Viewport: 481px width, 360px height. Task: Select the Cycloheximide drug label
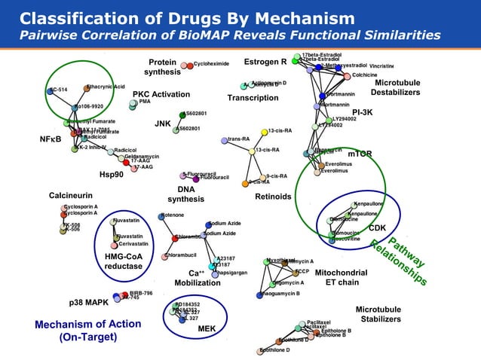(x=211, y=65)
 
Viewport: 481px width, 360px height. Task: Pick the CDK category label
(x=377, y=227)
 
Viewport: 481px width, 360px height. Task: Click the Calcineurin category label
(x=70, y=195)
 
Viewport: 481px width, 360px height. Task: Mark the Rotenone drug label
(x=173, y=216)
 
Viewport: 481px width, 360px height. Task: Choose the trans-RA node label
(x=239, y=139)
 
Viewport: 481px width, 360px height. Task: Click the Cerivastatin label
(x=133, y=243)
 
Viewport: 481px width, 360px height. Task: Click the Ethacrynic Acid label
(x=106, y=88)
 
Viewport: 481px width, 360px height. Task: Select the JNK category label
(x=162, y=123)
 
